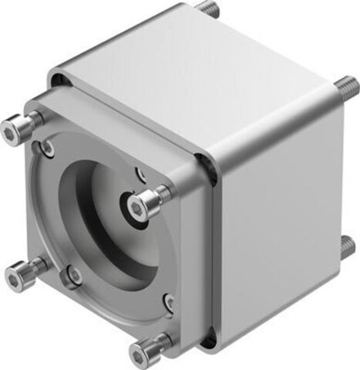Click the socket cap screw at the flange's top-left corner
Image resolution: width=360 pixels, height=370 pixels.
(20, 127)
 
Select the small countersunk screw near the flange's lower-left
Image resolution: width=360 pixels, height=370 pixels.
(73, 276)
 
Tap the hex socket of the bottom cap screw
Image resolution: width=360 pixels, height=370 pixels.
(137, 354)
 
